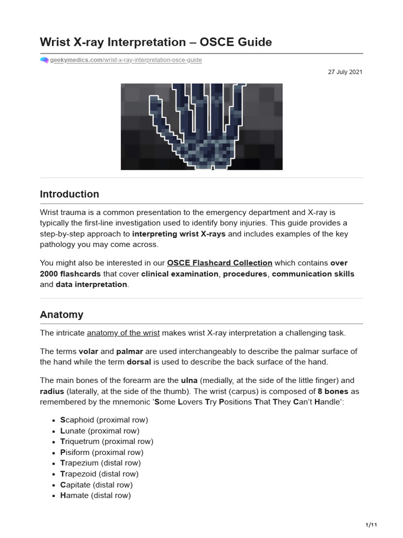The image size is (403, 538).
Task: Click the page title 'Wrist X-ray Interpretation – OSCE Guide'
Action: [156, 42]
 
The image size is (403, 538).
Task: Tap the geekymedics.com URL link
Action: [126, 60]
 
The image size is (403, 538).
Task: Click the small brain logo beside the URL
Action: [44, 60]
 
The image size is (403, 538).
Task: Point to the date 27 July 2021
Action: [345, 72]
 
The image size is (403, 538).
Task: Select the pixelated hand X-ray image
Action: [201, 127]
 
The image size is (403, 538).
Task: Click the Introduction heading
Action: [69, 194]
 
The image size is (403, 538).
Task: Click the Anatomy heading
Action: [61, 315]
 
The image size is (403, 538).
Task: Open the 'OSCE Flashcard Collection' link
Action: [219, 263]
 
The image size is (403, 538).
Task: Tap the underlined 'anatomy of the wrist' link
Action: [123, 333]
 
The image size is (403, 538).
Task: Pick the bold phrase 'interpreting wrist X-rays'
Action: [179, 234]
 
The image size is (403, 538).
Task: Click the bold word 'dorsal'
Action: [140, 362]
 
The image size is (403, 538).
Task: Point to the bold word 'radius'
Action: [53, 391]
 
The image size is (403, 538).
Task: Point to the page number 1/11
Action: [371, 525]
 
